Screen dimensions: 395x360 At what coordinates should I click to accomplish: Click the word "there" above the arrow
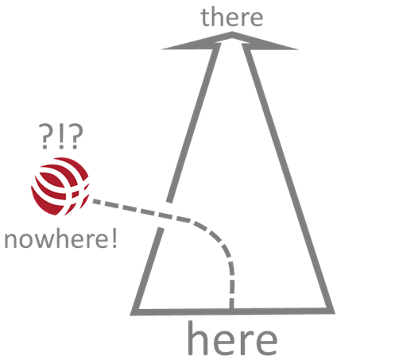click(232, 17)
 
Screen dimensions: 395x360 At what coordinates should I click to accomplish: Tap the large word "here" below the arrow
click(232, 339)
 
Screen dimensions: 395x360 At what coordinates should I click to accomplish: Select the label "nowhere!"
click(60, 239)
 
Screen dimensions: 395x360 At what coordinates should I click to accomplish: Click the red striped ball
click(60, 187)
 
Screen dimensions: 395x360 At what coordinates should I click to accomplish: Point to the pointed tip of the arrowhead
click(232, 32)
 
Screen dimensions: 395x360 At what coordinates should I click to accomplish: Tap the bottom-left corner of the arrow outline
click(130, 315)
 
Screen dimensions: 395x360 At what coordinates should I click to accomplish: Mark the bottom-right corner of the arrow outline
click(335, 313)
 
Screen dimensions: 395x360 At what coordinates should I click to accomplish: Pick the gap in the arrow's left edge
click(165, 215)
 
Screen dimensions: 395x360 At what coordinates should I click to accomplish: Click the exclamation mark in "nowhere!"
click(114, 239)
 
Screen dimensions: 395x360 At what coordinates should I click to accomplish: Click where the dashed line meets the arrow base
click(231, 309)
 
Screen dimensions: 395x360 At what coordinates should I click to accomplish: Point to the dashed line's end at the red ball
click(93, 201)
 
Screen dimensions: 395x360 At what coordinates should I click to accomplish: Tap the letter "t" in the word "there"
click(206, 17)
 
